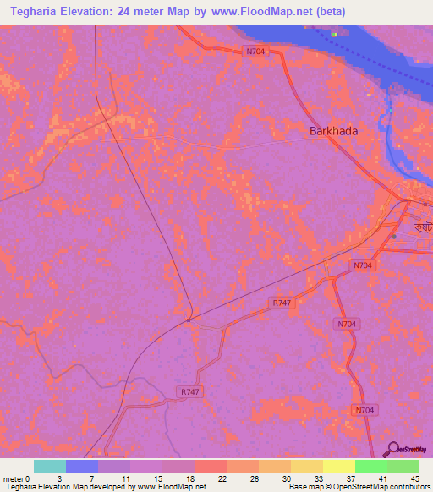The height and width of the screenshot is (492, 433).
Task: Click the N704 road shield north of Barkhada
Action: coord(255,52)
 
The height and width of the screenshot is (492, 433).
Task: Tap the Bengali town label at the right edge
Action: coord(421,228)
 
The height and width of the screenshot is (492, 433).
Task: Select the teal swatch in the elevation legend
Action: coord(50,466)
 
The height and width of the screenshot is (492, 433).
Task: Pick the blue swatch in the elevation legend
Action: coord(82,466)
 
